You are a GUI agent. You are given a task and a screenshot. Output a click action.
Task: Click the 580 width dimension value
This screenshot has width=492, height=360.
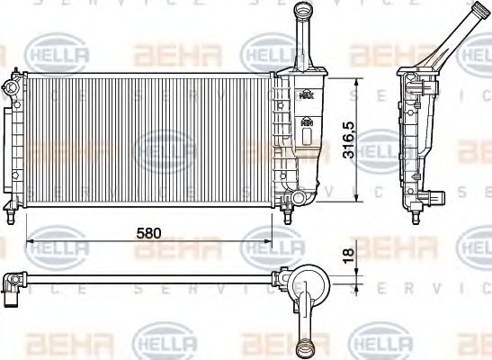point(148,232)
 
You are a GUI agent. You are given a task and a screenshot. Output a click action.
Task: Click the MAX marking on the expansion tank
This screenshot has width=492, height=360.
point(308,95)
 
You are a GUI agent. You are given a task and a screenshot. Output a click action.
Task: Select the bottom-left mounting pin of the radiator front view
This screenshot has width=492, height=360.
point(10,217)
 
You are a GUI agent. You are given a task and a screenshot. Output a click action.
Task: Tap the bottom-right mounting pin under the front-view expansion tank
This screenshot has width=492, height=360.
point(288,217)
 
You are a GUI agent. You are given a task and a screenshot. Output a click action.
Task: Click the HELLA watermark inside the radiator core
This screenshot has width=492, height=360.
point(165,143)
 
